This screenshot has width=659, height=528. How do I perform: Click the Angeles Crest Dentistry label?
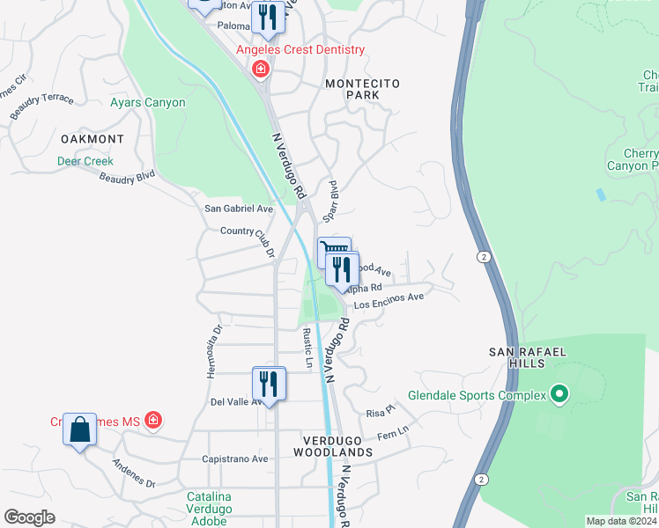pos(300,50)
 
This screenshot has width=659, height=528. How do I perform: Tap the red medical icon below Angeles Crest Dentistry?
pos(260,69)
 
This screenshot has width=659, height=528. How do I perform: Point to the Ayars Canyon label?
pos(148,103)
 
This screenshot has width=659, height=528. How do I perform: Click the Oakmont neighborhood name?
pos(93,139)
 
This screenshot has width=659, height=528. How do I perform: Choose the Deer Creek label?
pos(85,161)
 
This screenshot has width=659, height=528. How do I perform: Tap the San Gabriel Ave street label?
pos(239,209)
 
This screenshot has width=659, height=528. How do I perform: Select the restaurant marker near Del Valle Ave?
pos(269,384)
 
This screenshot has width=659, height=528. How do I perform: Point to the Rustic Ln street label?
pos(307,348)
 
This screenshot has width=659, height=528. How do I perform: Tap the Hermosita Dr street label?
pos(212,351)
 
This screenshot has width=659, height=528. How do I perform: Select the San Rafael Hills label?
pos(527,358)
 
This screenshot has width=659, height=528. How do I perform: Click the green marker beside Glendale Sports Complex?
pos(557,395)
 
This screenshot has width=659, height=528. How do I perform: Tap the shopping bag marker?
pos(79,430)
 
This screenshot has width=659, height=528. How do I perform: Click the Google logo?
pos(29,517)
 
